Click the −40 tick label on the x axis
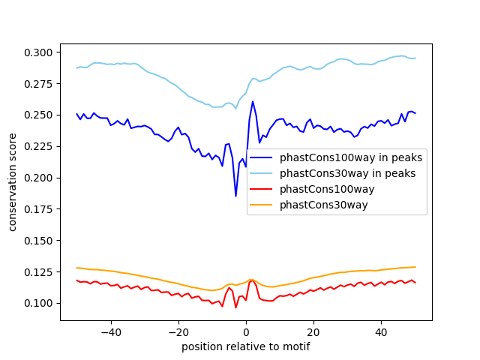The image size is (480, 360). pyautogui.click(x=110, y=331)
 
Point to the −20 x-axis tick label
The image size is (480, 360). pyautogui.click(x=178, y=331)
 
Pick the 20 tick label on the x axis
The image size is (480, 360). pyautogui.click(x=313, y=331)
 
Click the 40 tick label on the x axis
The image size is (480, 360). pyautogui.click(x=381, y=331)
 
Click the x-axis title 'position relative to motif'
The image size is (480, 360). pyautogui.click(x=246, y=346)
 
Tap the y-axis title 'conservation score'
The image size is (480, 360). pyautogui.click(x=13, y=182)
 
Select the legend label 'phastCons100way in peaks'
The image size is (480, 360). pyautogui.click(x=351, y=158)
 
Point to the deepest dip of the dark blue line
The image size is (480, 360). pyautogui.click(x=235, y=196)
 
